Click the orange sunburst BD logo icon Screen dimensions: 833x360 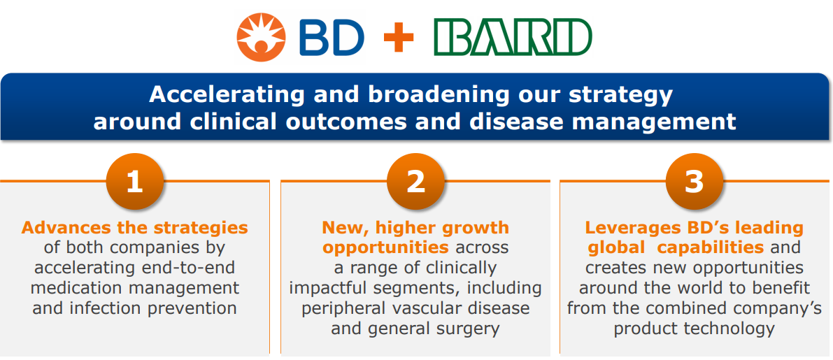click(x=261, y=37)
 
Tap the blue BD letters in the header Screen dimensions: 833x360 click(x=332, y=38)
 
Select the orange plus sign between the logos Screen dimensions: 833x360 click(x=399, y=38)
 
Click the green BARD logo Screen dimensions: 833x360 click(x=512, y=38)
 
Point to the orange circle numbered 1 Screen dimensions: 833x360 click(x=134, y=182)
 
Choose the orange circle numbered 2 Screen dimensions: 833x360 click(x=415, y=182)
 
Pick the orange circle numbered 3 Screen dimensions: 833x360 click(x=695, y=182)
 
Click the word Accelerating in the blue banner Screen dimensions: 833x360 click(x=227, y=95)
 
